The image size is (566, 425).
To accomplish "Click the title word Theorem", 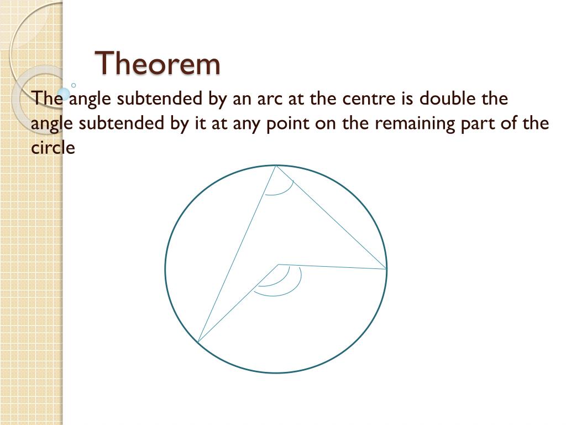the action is (x=158, y=63).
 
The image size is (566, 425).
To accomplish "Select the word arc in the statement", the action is (x=269, y=99).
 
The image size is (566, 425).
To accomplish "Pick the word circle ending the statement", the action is (x=53, y=147).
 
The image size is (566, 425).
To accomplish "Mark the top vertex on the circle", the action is (x=276, y=165).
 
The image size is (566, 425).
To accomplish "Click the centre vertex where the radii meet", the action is (x=279, y=265).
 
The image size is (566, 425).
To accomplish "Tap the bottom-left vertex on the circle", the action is (x=198, y=341).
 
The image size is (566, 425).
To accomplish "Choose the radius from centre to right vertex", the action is (x=332, y=267).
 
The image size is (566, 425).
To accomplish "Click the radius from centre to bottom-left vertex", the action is (x=238, y=303).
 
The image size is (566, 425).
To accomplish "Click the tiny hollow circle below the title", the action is (x=74, y=85).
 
